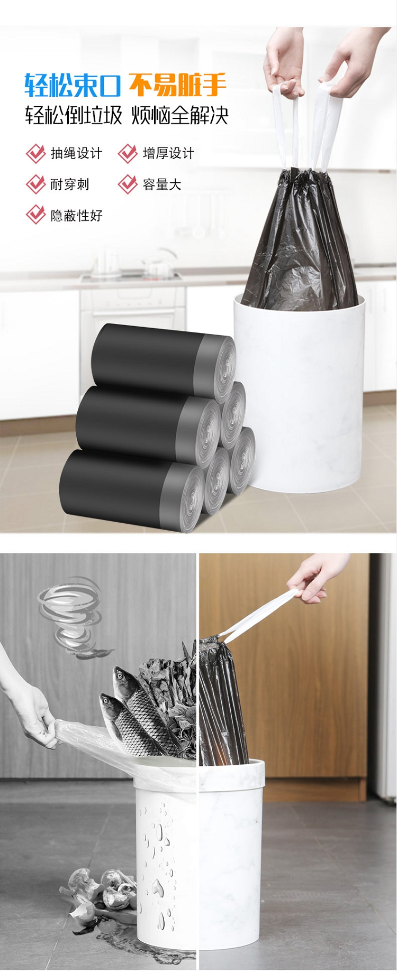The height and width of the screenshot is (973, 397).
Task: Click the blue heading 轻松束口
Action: pos(73,85)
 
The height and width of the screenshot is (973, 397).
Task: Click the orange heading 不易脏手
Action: pos(178,85)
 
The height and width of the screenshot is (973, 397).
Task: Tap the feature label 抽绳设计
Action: pos(76,154)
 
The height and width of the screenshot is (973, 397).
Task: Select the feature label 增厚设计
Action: pos(168,154)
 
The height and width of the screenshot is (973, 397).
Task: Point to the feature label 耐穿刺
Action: pos(70,184)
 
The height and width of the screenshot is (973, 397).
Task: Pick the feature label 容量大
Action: pos(162,184)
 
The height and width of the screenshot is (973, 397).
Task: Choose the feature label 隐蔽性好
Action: pos(76,216)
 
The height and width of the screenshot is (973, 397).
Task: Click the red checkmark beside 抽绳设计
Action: pos(35,153)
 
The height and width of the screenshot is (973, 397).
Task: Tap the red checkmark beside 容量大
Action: pos(128,184)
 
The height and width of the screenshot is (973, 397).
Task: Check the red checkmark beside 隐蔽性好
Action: pos(35,215)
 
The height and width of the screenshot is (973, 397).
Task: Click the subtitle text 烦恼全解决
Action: pos(180,115)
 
